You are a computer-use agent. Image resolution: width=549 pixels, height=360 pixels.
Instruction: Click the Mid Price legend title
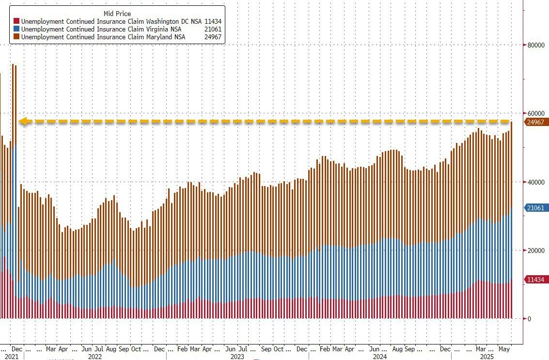[117, 13]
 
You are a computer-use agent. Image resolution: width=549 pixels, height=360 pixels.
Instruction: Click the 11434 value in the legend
[213, 22]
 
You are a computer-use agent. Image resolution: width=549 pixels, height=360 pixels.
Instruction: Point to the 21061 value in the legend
[213, 30]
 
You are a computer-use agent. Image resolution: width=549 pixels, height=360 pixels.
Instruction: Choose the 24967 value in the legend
[213, 37]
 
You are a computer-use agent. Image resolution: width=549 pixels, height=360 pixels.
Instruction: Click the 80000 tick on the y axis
[536, 45]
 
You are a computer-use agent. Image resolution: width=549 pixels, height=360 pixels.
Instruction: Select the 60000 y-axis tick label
[536, 113]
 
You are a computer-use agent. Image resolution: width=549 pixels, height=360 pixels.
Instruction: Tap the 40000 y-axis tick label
[536, 182]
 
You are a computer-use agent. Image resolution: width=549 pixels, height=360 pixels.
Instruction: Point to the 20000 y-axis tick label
[536, 250]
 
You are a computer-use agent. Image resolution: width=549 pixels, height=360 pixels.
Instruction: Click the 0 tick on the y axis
[529, 319]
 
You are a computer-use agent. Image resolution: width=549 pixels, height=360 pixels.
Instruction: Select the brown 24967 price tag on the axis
[536, 122]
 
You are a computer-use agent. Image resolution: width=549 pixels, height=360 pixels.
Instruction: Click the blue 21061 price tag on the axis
[536, 208]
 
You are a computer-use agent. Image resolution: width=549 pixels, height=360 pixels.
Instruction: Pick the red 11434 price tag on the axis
[536, 280]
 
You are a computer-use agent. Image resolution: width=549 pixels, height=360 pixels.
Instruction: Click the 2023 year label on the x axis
[237, 357]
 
